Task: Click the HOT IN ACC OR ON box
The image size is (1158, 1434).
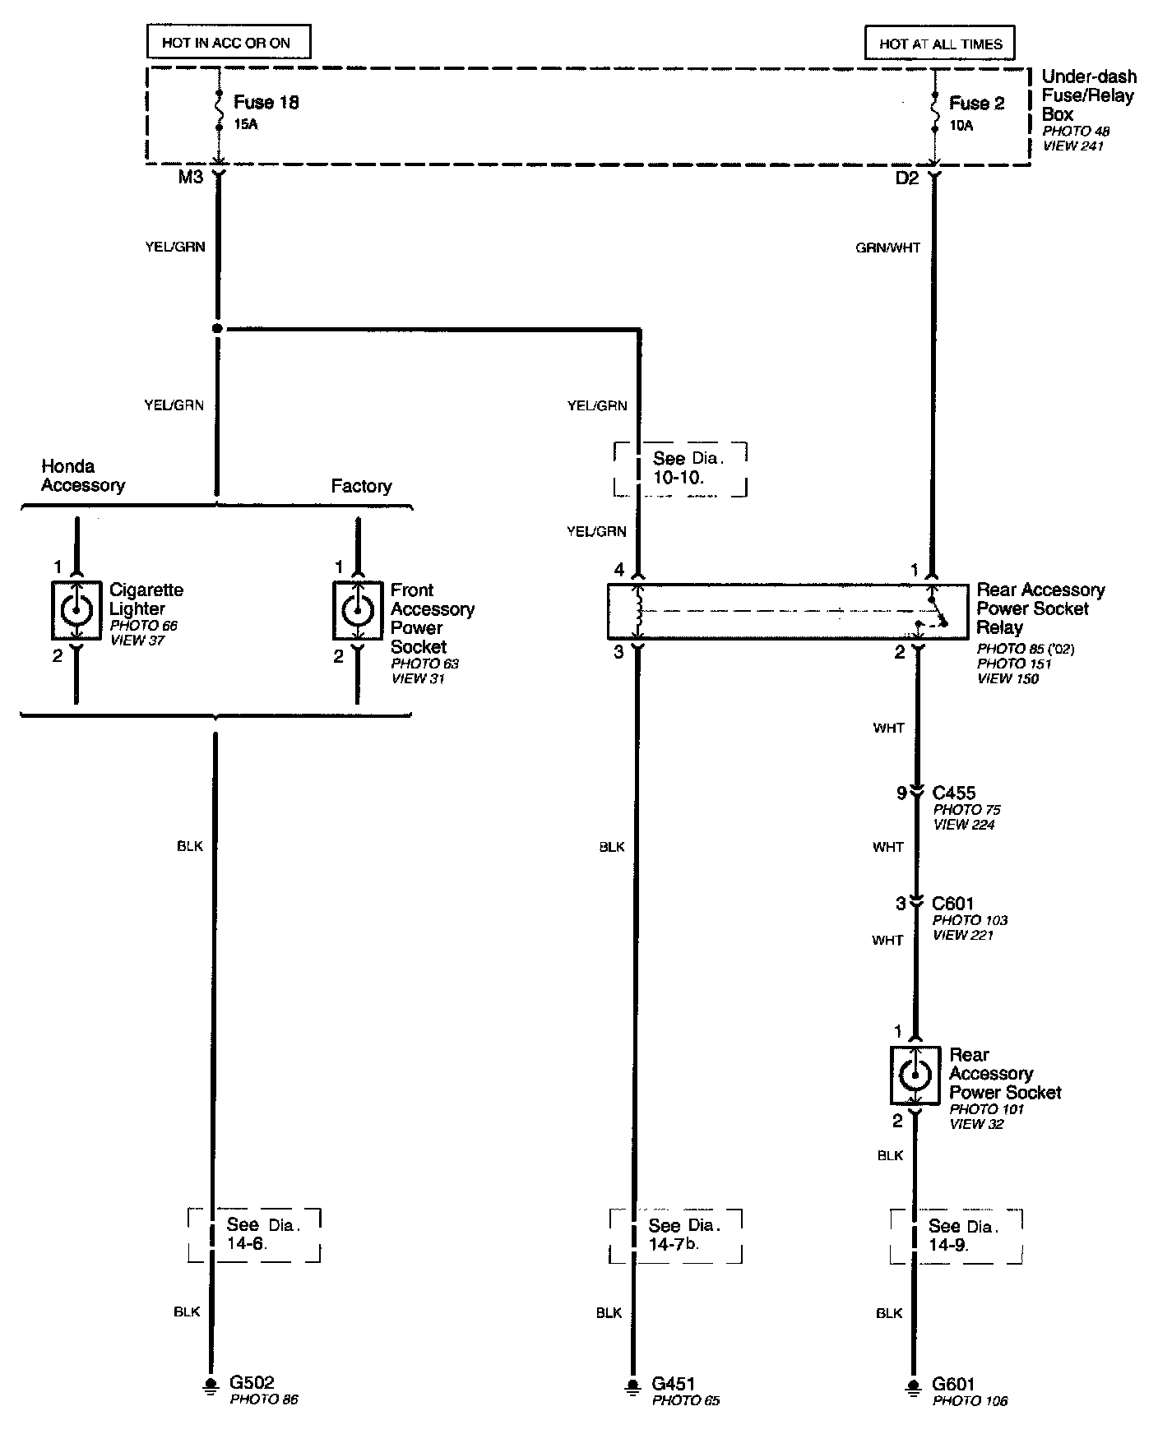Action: point(228,43)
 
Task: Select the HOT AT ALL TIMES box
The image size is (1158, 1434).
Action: point(940,44)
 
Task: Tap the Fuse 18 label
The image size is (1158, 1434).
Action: point(266,103)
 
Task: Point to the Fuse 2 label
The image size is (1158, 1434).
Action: point(976,104)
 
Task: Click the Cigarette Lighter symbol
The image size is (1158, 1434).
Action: point(76,610)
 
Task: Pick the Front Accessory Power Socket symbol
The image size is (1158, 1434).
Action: point(358,610)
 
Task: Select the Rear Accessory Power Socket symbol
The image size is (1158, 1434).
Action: point(915,1075)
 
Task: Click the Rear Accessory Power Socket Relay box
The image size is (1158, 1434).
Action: point(787,612)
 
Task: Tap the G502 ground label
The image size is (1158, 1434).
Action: point(252,1383)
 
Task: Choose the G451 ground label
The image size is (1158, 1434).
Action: point(674,1384)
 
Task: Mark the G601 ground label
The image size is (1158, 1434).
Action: point(953,1384)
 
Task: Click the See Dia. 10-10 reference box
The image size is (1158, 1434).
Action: point(680,469)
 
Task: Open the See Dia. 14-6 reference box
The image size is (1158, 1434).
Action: point(254,1234)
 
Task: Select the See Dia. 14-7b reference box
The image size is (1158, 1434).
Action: point(676,1235)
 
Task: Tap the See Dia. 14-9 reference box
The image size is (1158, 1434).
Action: point(956,1235)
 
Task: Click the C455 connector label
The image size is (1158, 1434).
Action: point(954,793)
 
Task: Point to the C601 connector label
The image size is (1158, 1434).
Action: point(953,903)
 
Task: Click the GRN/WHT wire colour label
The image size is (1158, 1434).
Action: point(887,247)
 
